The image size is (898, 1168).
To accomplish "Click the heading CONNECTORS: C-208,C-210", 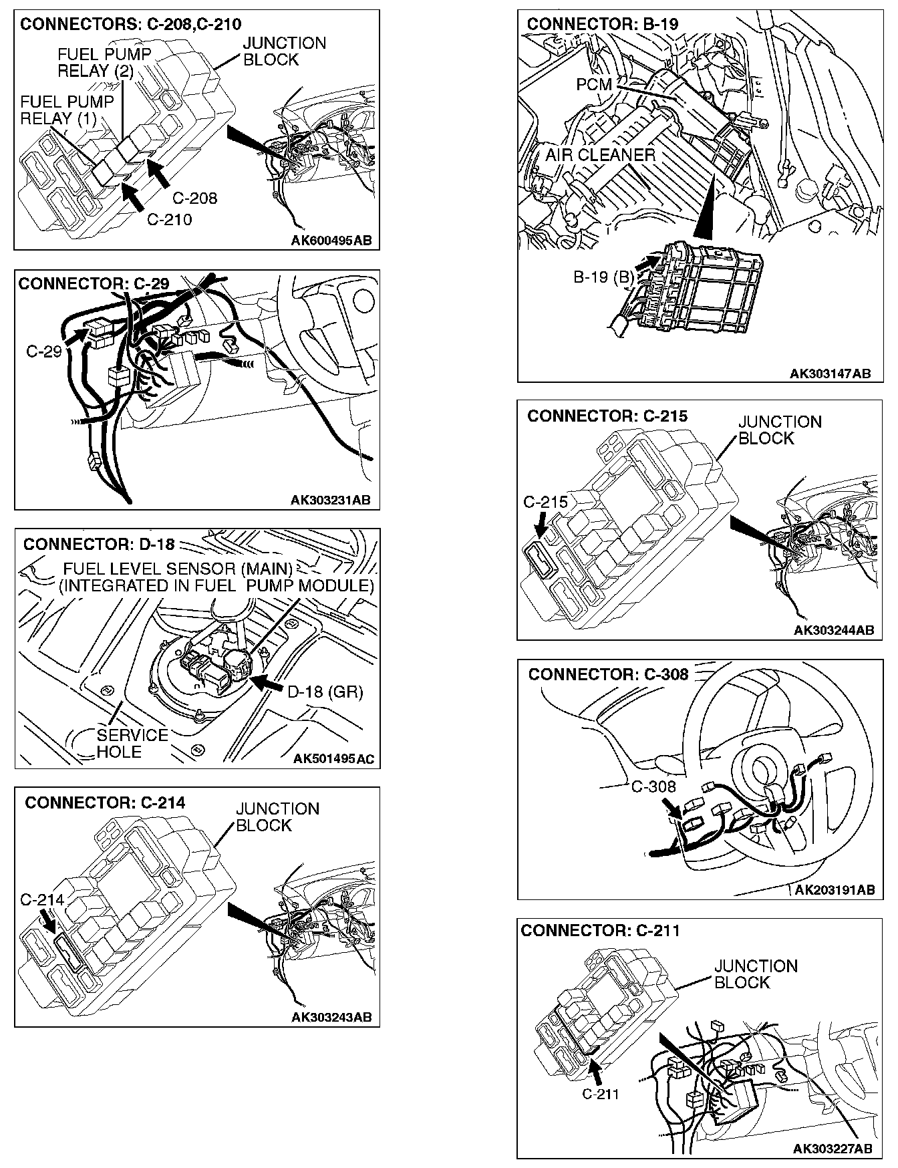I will pyautogui.click(x=130, y=25).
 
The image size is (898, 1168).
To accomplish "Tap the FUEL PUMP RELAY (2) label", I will pyautogui.click(x=104, y=61).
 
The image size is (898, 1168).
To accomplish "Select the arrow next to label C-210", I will pyautogui.click(x=134, y=196).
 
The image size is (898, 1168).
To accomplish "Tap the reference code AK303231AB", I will pyautogui.click(x=331, y=500).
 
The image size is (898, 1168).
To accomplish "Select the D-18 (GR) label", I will pyautogui.click(x=325, y=692).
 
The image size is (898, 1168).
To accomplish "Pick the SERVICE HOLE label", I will pyautogui.click(x=132, y=743).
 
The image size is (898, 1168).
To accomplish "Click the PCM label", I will pyautogui.click(x=594, y=86).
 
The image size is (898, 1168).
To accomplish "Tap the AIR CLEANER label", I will pyautogui.click(x=600, y=155).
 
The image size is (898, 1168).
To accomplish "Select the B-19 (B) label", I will pyautogui.click(x=603, y=277).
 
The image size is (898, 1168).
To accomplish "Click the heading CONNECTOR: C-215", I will pyautogui.click(x=607, y=416).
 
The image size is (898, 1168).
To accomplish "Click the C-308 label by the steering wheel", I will pyautogui.click(x=653, y=787).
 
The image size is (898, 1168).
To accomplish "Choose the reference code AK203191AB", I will pyautogui.click(x=834, y=889).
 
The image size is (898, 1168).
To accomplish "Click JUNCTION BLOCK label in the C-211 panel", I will pyautogui.click(x=755, y=974).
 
